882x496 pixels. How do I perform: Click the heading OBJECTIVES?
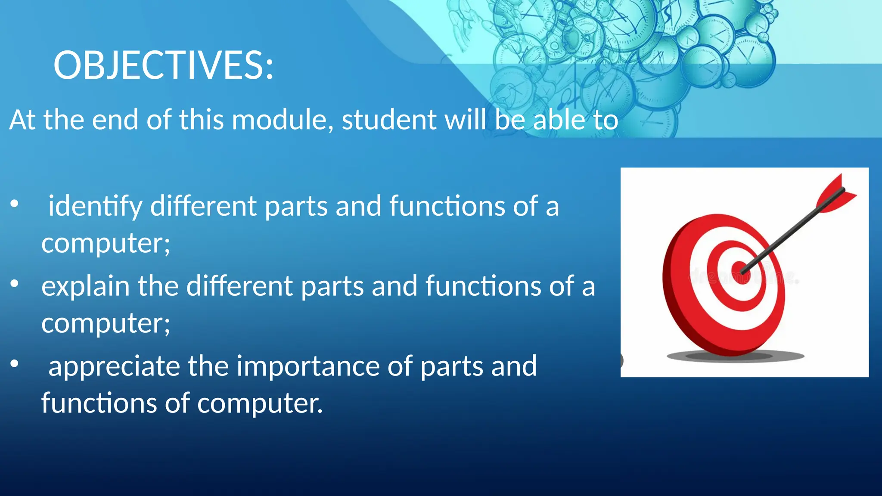click(x=164, y=65)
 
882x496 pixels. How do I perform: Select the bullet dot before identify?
click(x=15, y=204)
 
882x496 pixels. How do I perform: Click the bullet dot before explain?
click(x=15, y=284)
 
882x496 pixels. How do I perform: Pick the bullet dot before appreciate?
click(x=15, y=364)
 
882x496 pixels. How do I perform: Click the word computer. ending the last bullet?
click(x=260, y=404)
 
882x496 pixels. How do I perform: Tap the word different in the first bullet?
click(x=203, y=206)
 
